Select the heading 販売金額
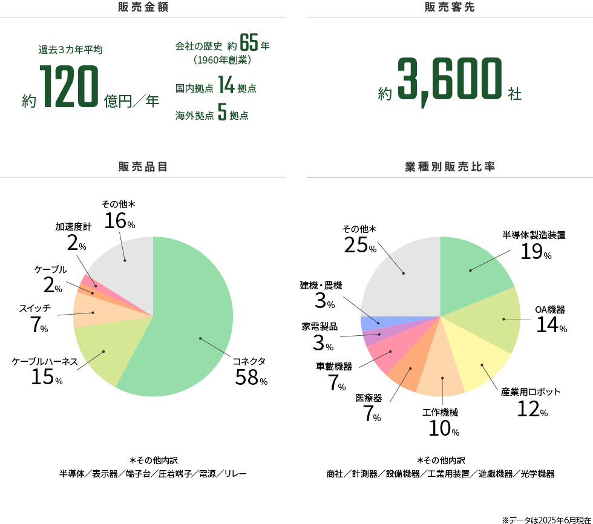pyautogui.click(x=143, y=8)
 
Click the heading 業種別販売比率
pyautogui.click(x=449, y=166)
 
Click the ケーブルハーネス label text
pyautogui.click(x=45, y=361)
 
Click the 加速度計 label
pyautogui.click(x=73, y=226)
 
